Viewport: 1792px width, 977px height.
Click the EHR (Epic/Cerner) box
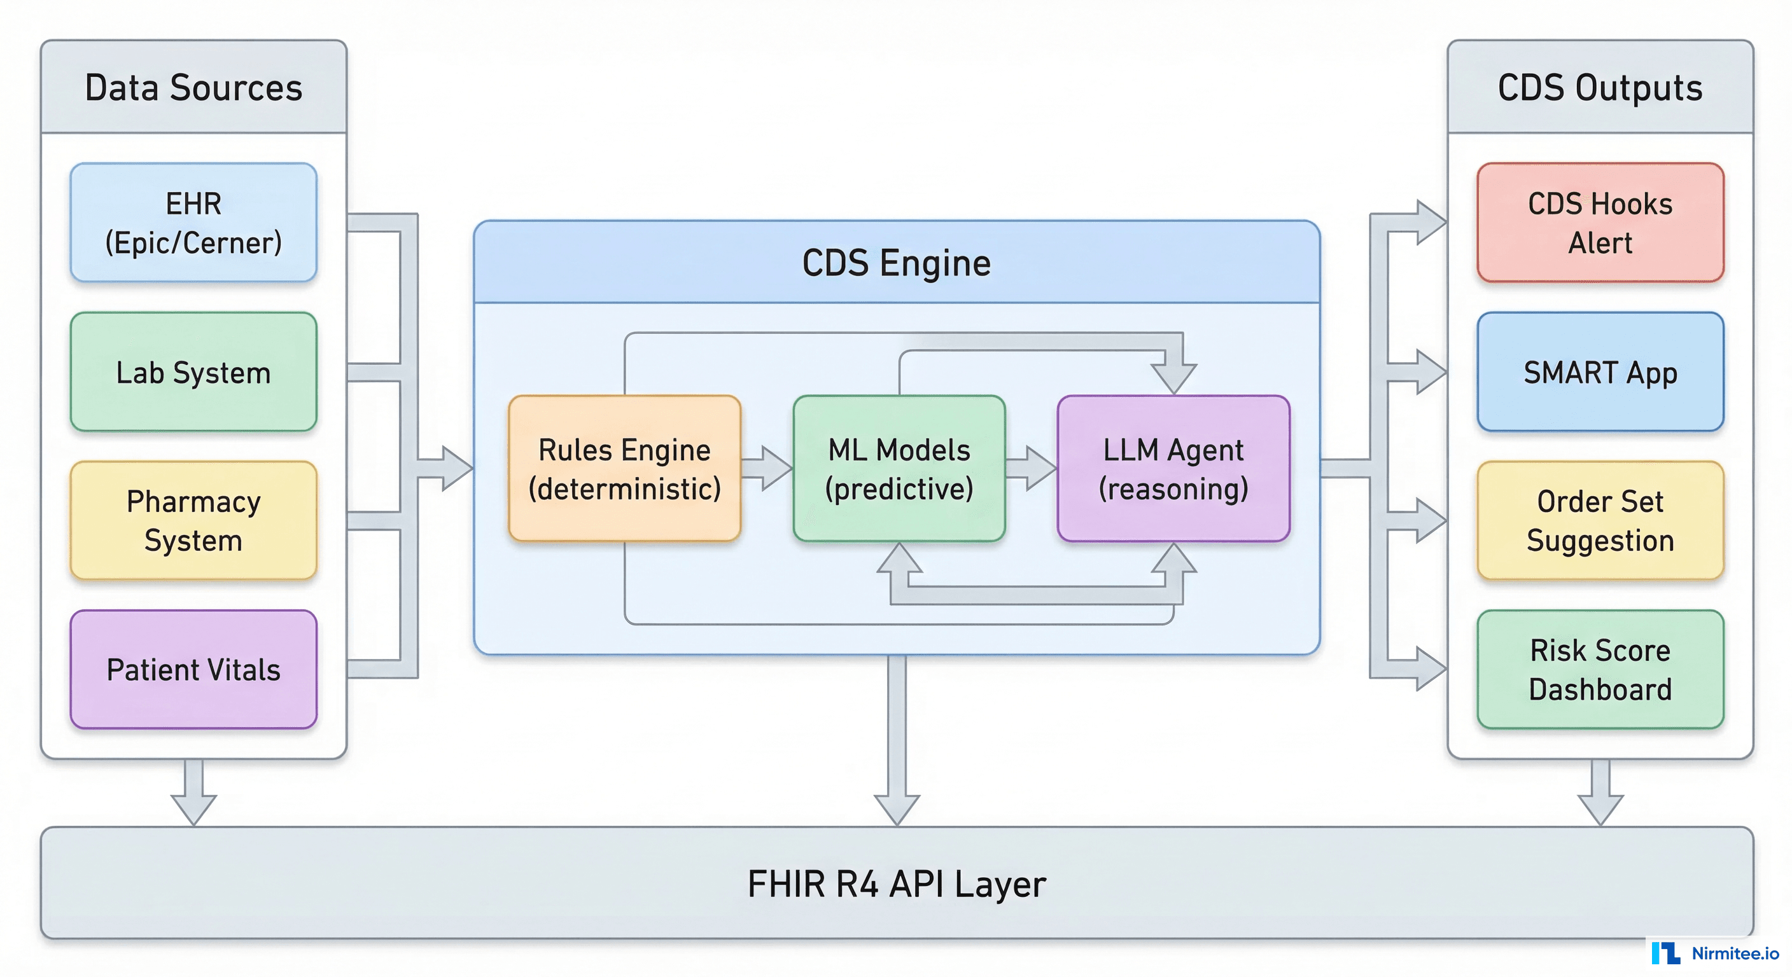tap(193, 223)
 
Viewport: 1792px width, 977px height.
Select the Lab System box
tap(193, 372)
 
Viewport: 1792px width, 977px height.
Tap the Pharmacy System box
tap(193, 520)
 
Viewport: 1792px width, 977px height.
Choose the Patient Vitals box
tap(193, 670)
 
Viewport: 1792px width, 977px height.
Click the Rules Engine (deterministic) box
tap(624, 469)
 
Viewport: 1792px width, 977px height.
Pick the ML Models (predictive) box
tap(899, 469)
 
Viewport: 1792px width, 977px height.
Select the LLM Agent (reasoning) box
tap(1173, 469)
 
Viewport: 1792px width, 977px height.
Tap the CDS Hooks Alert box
tap(1600, 223)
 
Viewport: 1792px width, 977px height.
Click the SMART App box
tap(1600, 372)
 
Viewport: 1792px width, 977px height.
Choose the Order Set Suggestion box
tap(1600, 520)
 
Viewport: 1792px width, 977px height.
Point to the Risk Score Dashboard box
tap(1600, 670)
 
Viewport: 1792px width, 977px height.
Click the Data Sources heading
tap(193, 88)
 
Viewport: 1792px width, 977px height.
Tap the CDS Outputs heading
tap(1600, 88)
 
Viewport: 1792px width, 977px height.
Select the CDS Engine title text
tap(896, 263)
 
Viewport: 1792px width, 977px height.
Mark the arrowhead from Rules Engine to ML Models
tap(776, 469)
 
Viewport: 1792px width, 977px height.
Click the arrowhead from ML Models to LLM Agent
tap(1040, 469)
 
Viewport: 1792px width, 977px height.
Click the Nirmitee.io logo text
tap(1734, 953)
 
